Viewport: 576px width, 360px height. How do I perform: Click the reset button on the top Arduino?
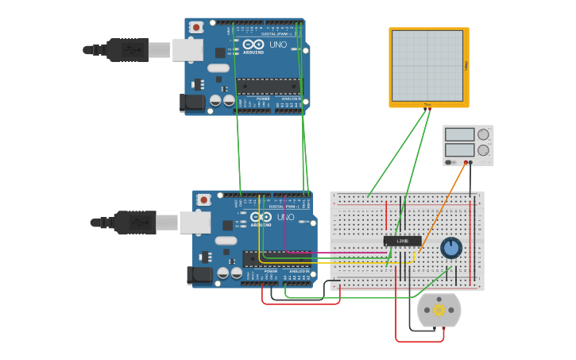196,27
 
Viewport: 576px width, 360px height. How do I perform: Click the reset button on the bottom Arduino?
204,199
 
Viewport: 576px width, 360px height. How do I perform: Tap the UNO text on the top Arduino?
278,45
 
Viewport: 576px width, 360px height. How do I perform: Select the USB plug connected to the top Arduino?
127,49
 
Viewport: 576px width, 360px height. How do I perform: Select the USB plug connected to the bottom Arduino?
134,222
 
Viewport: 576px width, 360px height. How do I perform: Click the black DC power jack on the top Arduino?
191,102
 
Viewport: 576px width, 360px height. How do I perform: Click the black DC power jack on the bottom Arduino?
199,275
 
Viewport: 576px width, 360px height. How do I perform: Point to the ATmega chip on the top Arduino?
268,86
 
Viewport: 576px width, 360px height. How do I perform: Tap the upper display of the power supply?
460,134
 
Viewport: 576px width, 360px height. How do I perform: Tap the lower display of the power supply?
460,149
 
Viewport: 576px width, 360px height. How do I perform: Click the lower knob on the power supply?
483,150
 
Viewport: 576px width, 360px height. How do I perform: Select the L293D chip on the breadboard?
402,240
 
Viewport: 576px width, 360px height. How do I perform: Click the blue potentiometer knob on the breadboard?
451,248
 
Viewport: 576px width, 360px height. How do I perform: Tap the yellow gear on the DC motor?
439,310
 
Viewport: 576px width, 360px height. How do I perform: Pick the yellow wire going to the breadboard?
334,261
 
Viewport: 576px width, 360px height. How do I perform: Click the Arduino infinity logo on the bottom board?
261,217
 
